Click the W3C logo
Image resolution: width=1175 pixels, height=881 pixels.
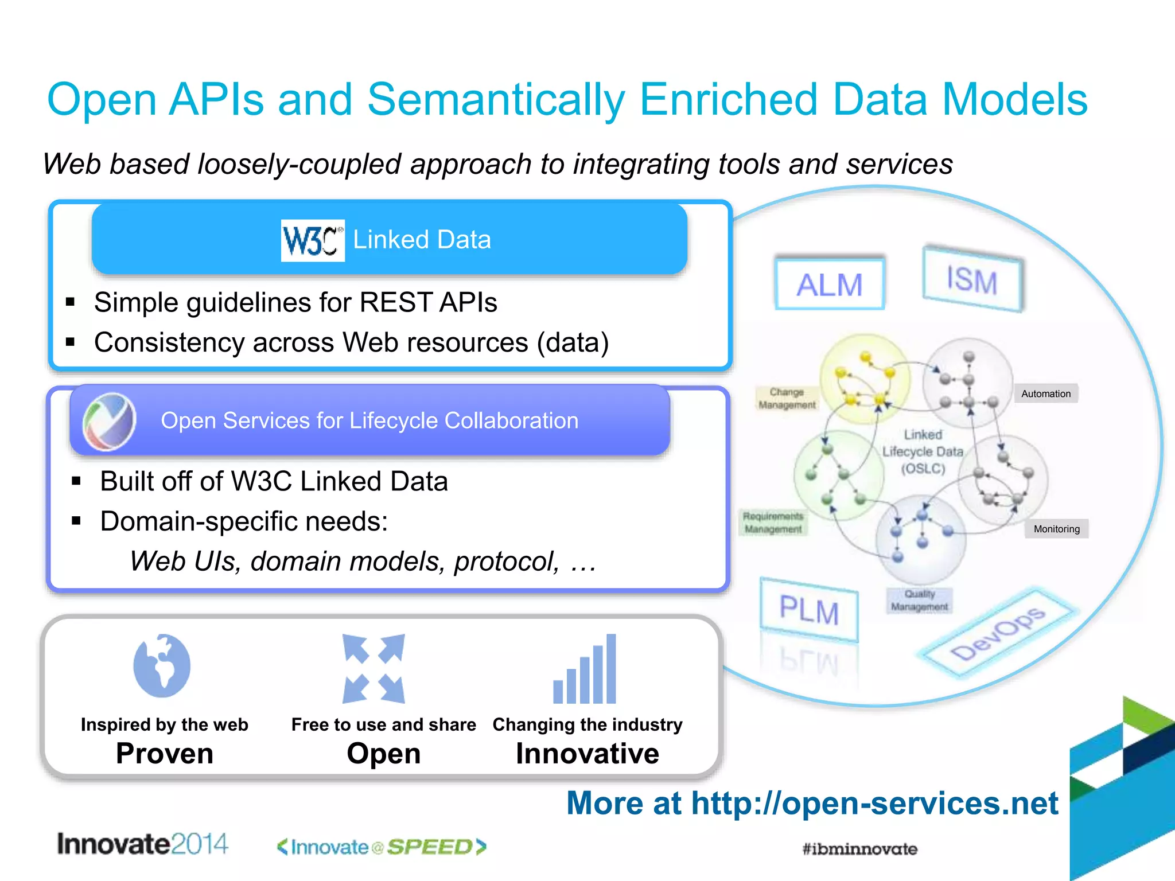[313, 240]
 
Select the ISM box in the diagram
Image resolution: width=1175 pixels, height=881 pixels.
[972, 280]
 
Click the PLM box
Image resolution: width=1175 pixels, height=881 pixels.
[809, 610]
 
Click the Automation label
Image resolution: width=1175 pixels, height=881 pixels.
[1046, 394]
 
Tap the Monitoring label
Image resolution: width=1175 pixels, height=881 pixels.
[1056, 529]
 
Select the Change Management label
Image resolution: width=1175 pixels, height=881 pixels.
[787, 399]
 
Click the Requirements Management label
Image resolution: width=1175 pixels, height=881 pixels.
[773, 523]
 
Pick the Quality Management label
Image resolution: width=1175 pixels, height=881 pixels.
[919, 601]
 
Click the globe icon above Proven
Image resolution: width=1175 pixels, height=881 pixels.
[162, 665]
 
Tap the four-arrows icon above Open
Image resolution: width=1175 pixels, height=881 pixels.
[373, 669]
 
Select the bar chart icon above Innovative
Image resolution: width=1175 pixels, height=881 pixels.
[585, 670]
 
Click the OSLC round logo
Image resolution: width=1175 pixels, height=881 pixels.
[109, 421]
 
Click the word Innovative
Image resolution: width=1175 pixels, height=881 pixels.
[587, 754]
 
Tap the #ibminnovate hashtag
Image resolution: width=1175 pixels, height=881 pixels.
[859, 849]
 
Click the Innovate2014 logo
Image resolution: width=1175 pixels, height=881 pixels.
[142, 844]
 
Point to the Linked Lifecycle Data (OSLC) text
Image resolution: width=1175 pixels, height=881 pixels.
[923, 452]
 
